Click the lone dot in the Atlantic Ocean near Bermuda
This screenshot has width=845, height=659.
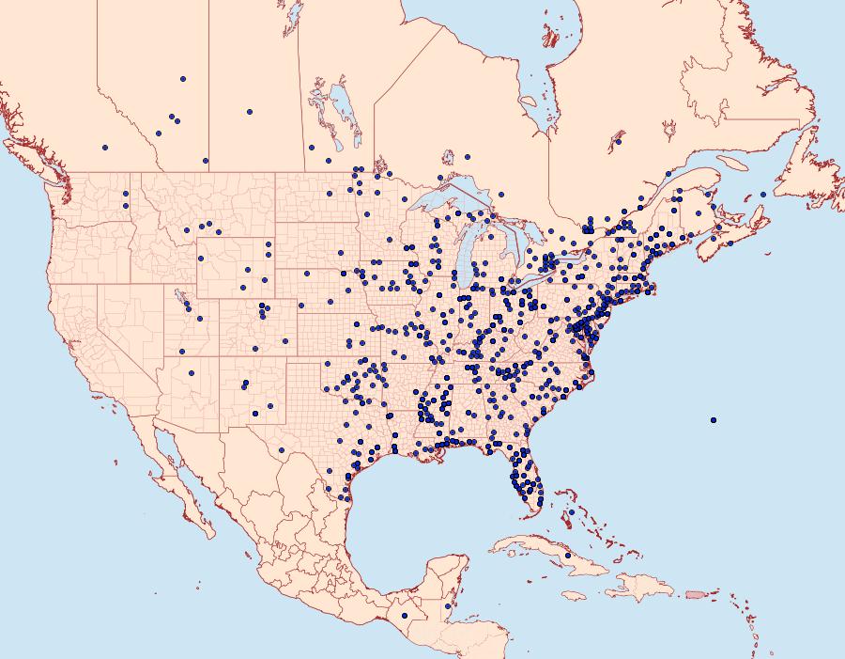(x=714, y=419)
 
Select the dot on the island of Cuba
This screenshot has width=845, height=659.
(x=568, y=556)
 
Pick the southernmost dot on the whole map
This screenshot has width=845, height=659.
(x=405, y=616)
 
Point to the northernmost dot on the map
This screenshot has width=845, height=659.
(x=183, y=79)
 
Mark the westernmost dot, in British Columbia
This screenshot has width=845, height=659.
(x=105, y=148)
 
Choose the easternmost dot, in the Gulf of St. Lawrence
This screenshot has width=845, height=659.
(x=763, y=194)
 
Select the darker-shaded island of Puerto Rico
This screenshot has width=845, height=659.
(x=695, y=594)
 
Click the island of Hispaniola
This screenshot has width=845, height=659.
(x=643, y=588)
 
